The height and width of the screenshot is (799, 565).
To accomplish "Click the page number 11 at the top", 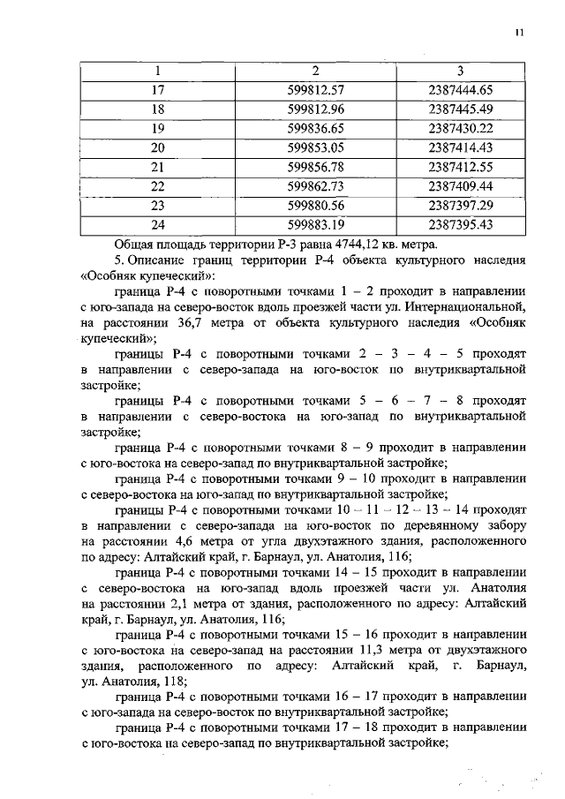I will (x=519, y=33).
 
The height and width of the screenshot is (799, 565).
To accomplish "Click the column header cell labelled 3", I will (x=460, y=71).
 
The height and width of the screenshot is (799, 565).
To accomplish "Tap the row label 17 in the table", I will (x=159, y=90).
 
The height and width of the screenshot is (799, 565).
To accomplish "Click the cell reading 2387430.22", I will (x=459, y=129).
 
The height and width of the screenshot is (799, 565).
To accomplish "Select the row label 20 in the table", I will (x=159, y=148).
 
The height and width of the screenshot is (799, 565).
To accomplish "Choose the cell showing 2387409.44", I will (x=459, y=187).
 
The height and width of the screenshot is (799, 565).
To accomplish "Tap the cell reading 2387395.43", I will (x=459, y=226).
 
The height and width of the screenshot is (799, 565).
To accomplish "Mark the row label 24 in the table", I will (x=159, y=226).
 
